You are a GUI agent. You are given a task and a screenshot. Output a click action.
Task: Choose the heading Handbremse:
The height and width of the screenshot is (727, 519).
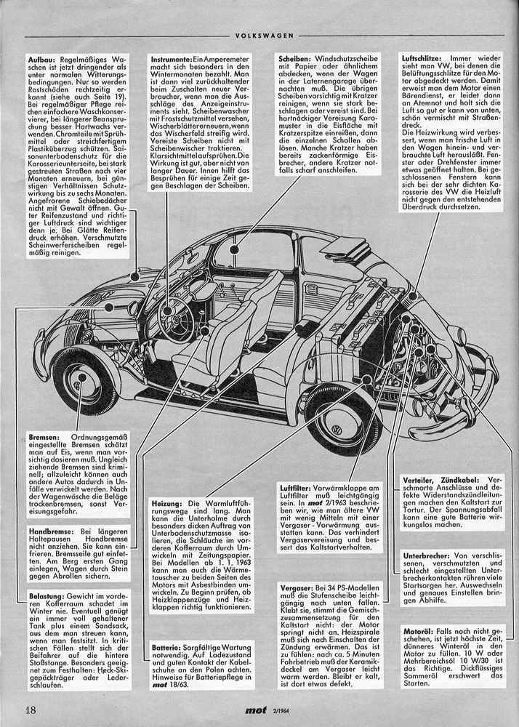point(50,531)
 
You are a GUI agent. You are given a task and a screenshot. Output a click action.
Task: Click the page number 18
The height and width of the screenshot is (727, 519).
point(30,710)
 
